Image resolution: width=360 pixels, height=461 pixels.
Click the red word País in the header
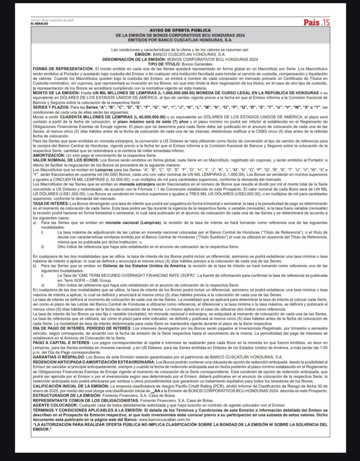(311, 22)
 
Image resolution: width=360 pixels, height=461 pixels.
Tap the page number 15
(325, 22)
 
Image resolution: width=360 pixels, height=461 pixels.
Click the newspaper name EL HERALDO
(39, 24)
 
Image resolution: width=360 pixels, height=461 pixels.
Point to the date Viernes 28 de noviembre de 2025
(52, 20)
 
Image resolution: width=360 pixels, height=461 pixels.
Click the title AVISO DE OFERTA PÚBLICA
(180, 30)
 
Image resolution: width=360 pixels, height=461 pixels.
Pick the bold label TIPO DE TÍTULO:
(164, 64)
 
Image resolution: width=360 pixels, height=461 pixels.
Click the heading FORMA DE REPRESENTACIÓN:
(63, 69)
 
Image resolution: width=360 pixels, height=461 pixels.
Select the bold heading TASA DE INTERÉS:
(51, 203)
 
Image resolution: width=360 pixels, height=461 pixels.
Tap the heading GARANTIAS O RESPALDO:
(56, 357)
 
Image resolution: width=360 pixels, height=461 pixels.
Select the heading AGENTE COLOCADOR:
(55, 406)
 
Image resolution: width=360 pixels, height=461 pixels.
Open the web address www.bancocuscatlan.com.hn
(164, 420)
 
